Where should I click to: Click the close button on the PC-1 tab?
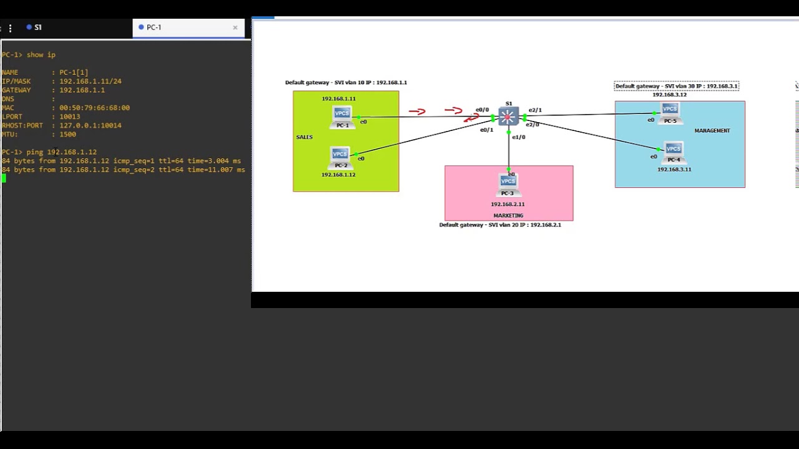click(x=235, y=27)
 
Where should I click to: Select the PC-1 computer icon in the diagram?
click(x=342, y=115)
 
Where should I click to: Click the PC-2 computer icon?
click(x=340, y=155)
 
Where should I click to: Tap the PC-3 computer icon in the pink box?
click(x=508, y=182)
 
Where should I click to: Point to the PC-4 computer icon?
click(x=674, y=150)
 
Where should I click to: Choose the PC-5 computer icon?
click(x=670, y=110)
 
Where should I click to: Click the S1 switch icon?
click(x=508, y=117)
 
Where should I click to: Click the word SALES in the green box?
click(x=305, y=137)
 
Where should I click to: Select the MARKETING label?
click(x=508, y=216)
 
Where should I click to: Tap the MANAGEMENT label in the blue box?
click(x=712, y=131)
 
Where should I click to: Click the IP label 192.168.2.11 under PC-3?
click(x=507, y=205)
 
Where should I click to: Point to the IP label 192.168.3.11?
click(x=674, y=170)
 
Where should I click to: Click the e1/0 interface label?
click(x=519, y=137)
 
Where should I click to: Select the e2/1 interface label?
click(x=535, y=110)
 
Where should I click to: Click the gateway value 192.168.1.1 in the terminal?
click(x=82, y=90)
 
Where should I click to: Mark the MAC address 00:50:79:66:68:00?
click(x=94, y=108)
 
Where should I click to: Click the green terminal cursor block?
click(x=4, y=178)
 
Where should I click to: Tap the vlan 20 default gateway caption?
click(x=500, y=225)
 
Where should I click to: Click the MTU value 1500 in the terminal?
click(x=67, y=134)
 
